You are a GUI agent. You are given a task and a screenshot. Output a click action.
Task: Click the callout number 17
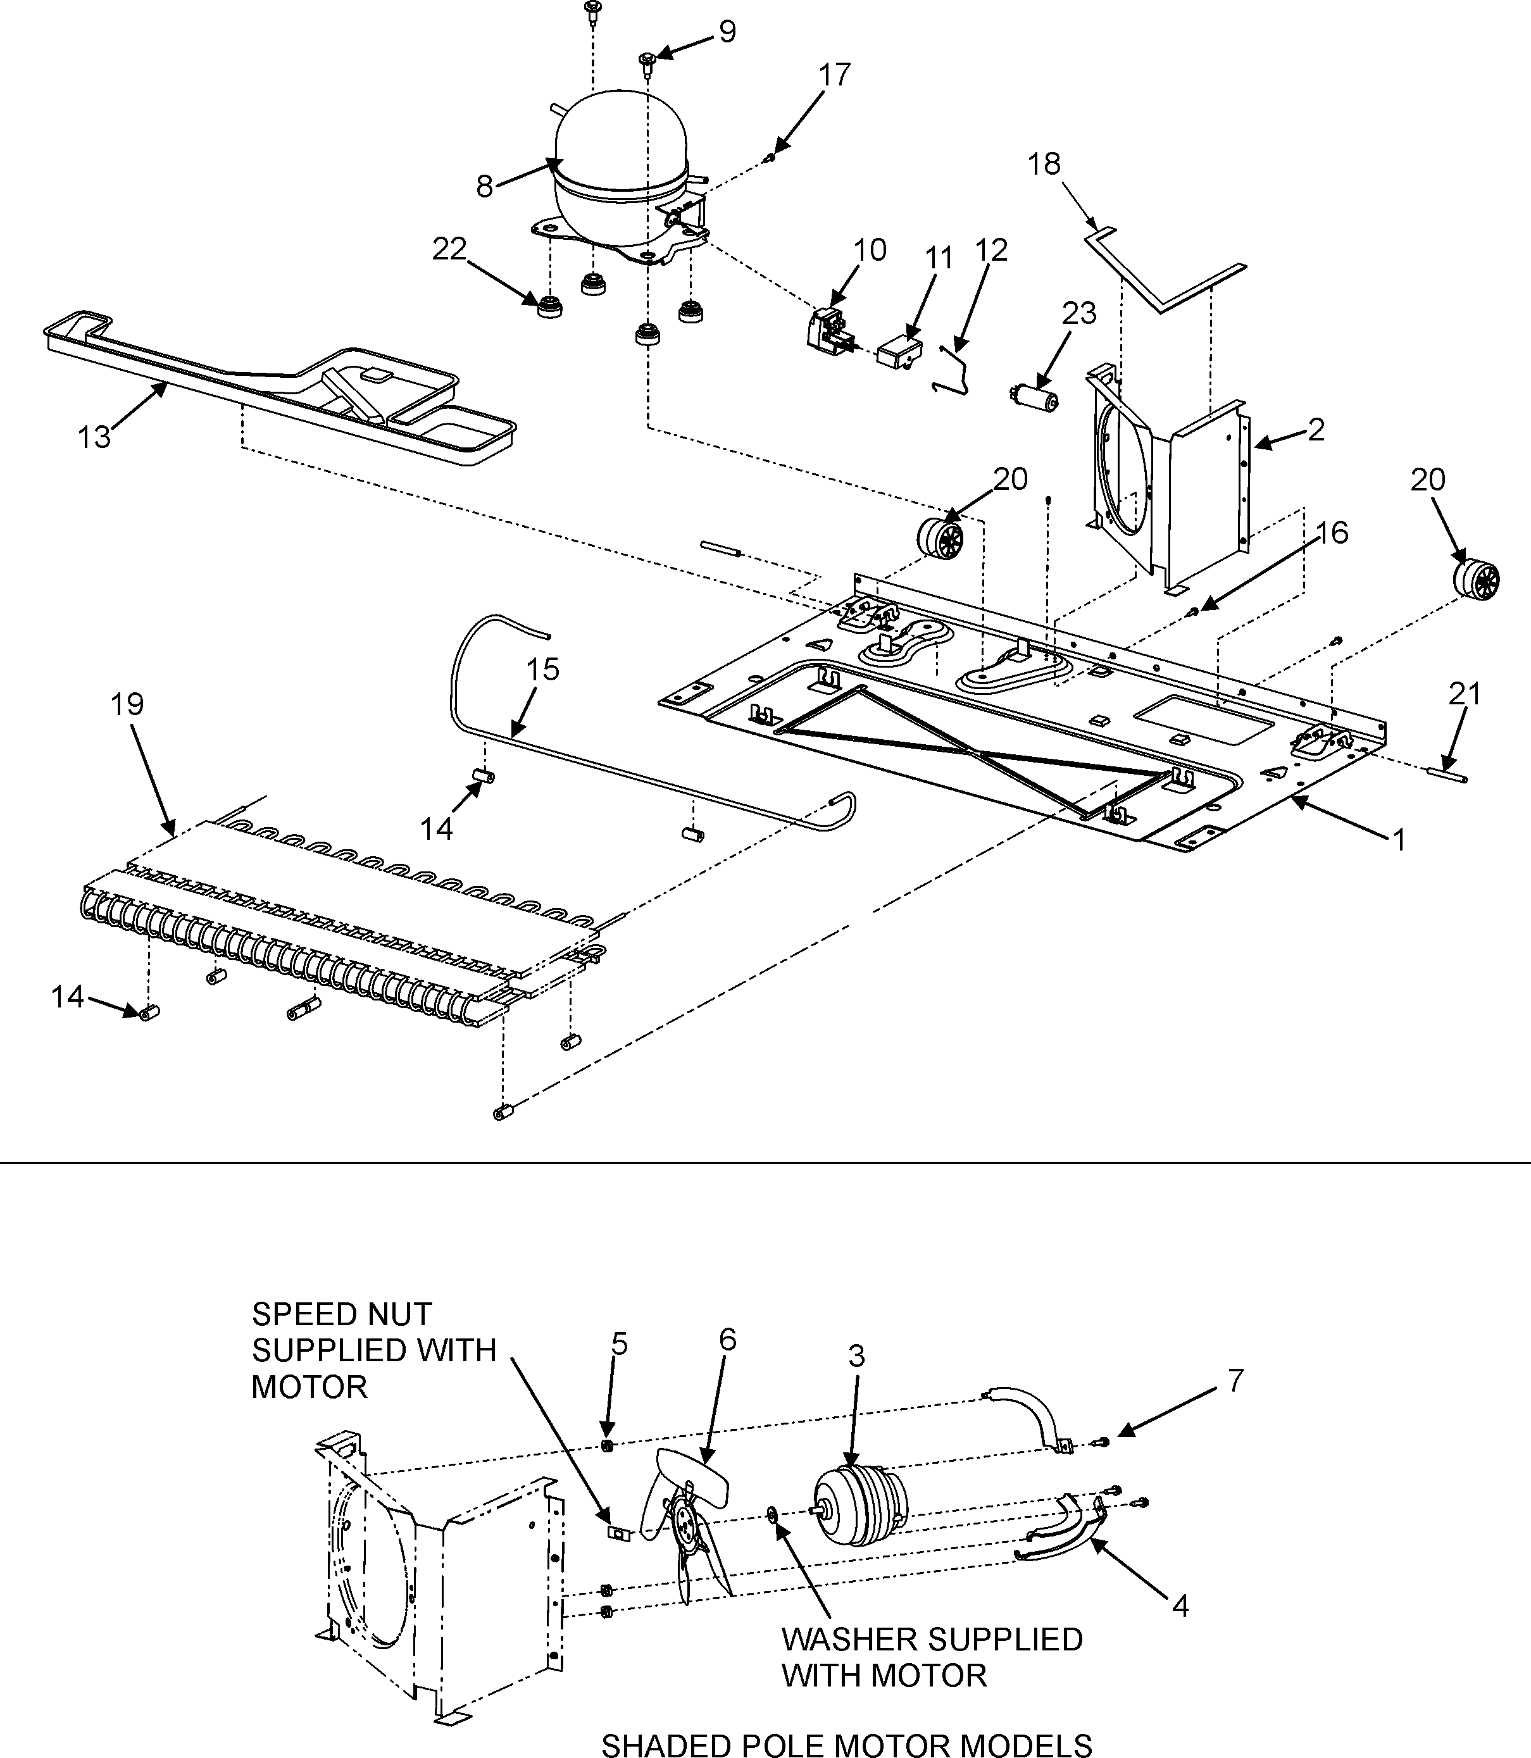(835, 75)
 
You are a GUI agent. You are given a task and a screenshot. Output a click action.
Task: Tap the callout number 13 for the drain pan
(94, 437)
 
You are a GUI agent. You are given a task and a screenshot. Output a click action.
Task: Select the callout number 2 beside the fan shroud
(1316, 430)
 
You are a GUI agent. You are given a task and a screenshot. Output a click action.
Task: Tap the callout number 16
(1332, 533)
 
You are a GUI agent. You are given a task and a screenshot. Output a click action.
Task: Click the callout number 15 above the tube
(542, 669)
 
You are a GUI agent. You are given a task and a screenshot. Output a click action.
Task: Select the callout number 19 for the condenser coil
(127, 705)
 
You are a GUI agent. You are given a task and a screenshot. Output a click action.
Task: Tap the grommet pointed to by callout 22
(549, 306)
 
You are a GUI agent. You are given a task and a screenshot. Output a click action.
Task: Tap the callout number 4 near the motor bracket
(1180, 1607)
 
